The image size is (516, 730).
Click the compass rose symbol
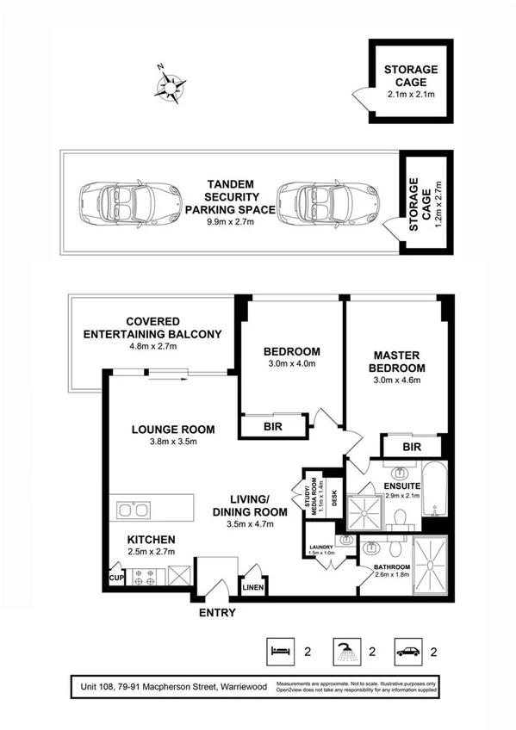point(171,85)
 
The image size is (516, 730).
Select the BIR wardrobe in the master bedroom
point(412,447)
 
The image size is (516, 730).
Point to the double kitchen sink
point(134,510)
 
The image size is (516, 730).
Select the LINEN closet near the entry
point(254,588)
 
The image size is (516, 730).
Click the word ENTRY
point(215,613)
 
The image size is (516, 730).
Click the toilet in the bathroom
point(395,547)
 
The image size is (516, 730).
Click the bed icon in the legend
point(277,651)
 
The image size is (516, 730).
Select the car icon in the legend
point(407,651)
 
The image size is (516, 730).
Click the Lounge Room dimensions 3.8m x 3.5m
point(172,443)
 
